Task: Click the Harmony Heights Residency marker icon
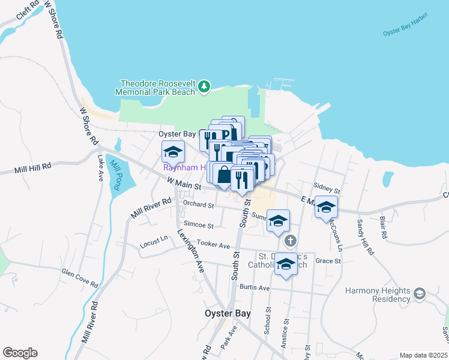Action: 419,293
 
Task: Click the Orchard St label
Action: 199,205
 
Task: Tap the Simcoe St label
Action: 199,225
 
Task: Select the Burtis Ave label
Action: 255,287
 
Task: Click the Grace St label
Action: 328,261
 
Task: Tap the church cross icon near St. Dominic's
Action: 291,242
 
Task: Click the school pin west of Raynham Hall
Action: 173,152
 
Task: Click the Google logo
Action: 20,353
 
